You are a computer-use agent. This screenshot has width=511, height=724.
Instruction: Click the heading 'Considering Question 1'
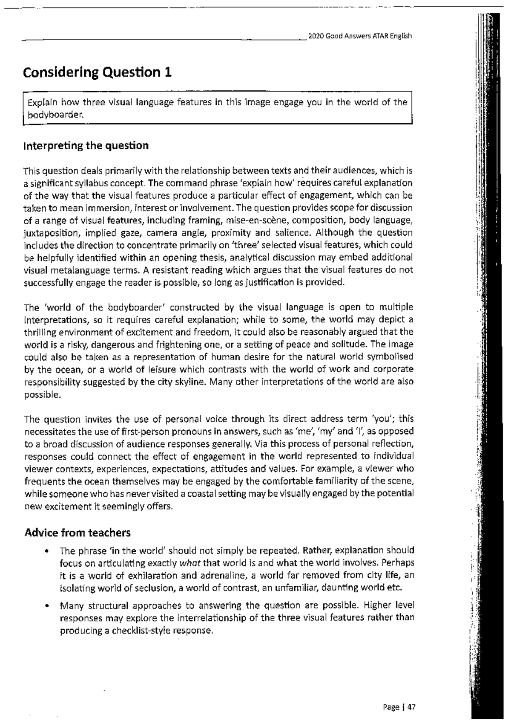[98, 72]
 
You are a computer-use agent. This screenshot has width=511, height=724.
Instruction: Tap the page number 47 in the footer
[411, 707]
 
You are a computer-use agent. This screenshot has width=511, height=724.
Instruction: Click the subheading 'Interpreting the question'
[86, 146]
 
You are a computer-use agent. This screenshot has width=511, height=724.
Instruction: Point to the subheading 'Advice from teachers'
[78, 533]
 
